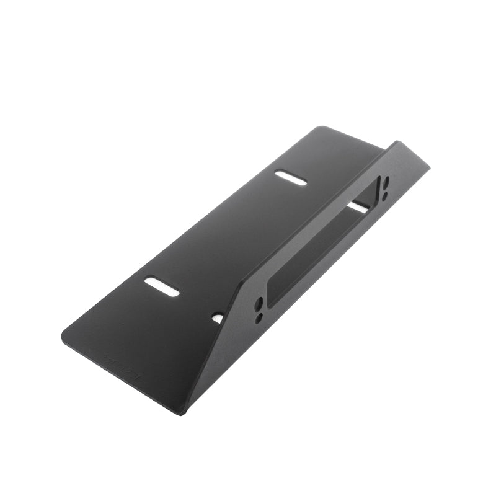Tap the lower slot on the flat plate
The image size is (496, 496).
pyautogui.click(x=162, y=286)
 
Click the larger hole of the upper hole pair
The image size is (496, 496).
pyautogui.click(x=386, y=184)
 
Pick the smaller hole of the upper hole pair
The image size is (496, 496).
pyautogui.click(x=385, y=195)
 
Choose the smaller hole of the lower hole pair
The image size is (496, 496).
pyautogui.click(x=259, y=317)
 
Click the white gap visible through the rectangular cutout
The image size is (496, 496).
pyautogui.click(x=358, y=206)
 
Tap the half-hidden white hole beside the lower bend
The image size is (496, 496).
pyautogui.click(x=218, y=318)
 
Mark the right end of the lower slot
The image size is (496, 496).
pyautogui.click(x=177, y=293)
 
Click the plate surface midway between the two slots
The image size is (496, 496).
pyautogui.click(x=226, y=232)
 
